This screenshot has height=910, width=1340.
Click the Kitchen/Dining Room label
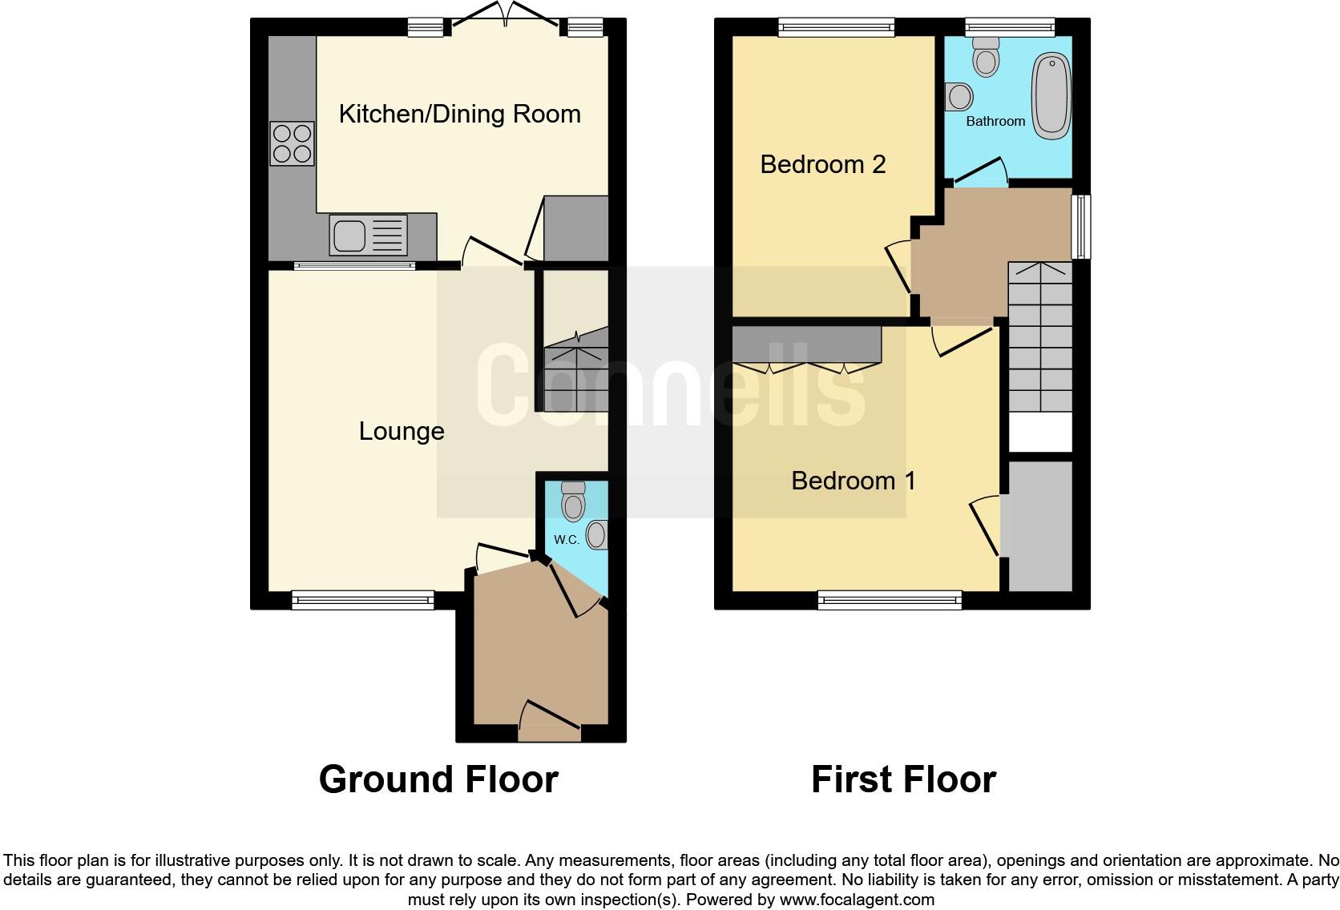tap(459, 114)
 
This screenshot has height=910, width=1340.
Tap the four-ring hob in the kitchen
tap(292, 143)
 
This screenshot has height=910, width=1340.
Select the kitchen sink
tap(349, 235)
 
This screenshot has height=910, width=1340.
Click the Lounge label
tap(402, 431)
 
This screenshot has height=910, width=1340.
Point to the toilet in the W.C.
tap(573, 501)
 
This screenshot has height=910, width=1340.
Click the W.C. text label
tap(567, 539)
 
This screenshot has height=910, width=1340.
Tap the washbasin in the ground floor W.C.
tap(598, 534)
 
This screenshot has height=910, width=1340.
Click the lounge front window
tap(362, 599)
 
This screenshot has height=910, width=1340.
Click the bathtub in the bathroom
tap(1050, 95)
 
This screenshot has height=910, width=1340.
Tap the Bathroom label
tap(995, 121)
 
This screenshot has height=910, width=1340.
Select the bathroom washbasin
tap(959, 98)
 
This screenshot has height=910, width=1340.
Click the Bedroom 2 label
tap(823, 164)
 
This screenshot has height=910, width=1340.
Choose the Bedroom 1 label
tap(853, 481)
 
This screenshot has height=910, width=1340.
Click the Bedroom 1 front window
tap(890, 599)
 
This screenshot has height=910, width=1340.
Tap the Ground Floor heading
tap(438, 779)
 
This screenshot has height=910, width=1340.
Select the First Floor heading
tap(903, 779)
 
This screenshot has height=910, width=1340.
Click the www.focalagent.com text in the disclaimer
tap(857, 900)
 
